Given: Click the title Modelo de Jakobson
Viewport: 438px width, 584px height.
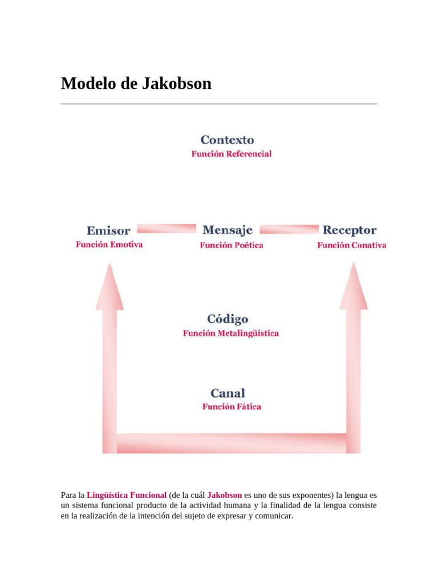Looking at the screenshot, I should [x=136, y=84].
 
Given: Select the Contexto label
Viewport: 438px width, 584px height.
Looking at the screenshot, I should [x=227, y=140].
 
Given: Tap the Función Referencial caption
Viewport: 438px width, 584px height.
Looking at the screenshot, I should [x=231, y=154].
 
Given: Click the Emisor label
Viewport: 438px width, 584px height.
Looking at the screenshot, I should [x=108, y=231].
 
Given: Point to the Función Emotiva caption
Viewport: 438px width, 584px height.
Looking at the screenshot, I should [x=109, y=245].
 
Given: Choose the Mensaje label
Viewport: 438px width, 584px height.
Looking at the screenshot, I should [x=228, y=230].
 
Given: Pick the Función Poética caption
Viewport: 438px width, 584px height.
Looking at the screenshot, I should [x=231, y=245].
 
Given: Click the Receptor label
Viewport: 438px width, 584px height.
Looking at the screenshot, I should [x=350, y=230].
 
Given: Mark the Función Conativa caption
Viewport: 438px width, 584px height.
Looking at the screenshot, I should [x=351, y=245].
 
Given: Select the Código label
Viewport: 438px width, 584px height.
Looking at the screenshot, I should [x=228, y=319].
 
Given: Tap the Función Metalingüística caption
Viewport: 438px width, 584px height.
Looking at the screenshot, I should [x=230, y=333].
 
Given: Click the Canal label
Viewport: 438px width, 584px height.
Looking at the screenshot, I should [x=228, y=393].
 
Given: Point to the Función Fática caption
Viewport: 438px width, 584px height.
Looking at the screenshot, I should [x=232, y=407].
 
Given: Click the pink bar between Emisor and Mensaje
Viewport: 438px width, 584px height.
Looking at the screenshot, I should [x=167, y=229].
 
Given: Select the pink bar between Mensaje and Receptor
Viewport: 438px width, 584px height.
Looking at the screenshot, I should [x=289, y=229].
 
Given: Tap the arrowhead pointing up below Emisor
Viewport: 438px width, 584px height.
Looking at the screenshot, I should [x=109, y=288].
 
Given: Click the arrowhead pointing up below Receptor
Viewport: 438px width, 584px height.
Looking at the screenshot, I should [x=353, y=288].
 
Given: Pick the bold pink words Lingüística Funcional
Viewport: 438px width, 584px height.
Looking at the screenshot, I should [x=127, y=495].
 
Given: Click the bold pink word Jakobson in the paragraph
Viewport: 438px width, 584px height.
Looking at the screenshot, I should [x=225, y=495].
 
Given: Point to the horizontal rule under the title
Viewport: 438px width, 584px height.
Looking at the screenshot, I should [x=219, y=104].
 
